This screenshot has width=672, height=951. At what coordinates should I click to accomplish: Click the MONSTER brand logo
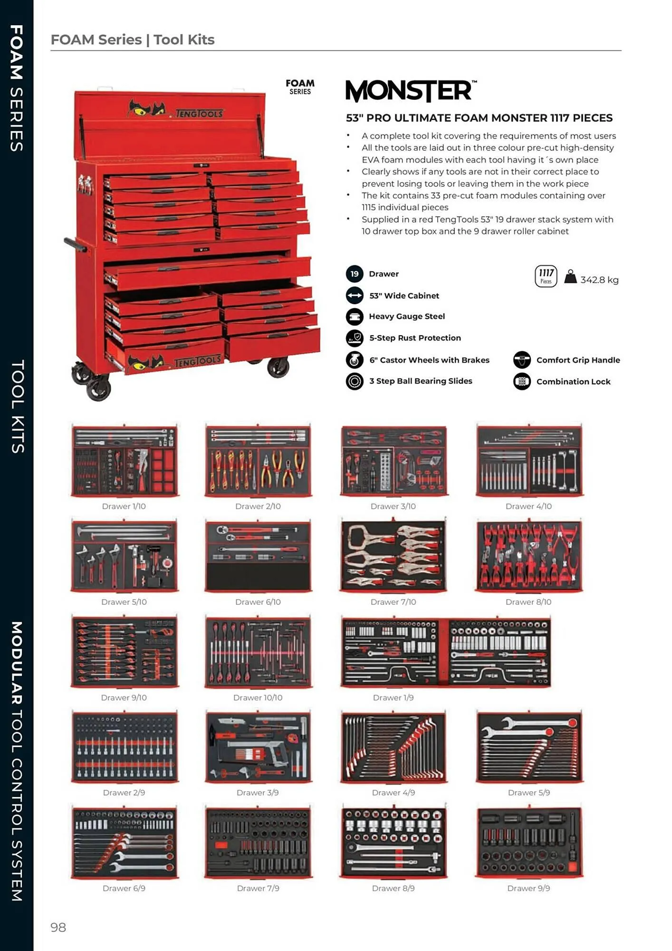pyautogui.click(x=411, y=91)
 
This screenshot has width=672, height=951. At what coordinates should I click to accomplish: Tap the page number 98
pyautogui.click(x=58, y=927)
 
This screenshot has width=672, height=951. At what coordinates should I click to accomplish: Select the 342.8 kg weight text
pyautogui.click(x=599, y=280)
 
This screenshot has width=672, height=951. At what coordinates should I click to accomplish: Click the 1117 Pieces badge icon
pyautogui.click(x=546, y=276)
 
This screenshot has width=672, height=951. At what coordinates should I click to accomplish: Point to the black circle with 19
pyautogui.click(x=355, y=274)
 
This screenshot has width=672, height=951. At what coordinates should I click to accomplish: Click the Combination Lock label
pyautogui.click(x=573, y=381)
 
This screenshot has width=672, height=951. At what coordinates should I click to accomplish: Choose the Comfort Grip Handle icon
pyautogui.click(x=522, y=360)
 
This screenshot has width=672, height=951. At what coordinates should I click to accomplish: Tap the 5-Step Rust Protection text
pyautogui.click(x=415, y=338)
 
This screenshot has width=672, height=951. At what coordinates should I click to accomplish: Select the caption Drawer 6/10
pyautogui.click(x=258, y=602)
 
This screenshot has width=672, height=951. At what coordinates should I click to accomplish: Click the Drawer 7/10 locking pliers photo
pyautogui.click(x=393, y=555)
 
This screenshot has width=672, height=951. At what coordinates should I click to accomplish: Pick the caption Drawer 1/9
pyautogui.click(x=393, y=698)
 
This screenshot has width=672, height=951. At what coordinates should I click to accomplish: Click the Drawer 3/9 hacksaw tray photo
pyautogui.click(x=258, y=747)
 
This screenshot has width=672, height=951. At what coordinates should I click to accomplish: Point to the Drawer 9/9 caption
pyautogui.click(x=528, y=888)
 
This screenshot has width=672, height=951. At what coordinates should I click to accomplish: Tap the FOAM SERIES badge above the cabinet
pyautogui.click(x=300, y=87)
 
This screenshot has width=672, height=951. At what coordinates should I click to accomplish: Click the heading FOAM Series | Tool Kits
pyautogui.click(x=133, y=39)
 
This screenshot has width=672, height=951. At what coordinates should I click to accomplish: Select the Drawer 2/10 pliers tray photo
pyautogui.click(x=258, y=460)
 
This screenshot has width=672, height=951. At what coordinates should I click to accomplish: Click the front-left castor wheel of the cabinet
pyautogui.click(x=98, y=388)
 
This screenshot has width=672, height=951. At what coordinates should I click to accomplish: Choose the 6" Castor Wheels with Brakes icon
pyautogui.click(x=355, y=360)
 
